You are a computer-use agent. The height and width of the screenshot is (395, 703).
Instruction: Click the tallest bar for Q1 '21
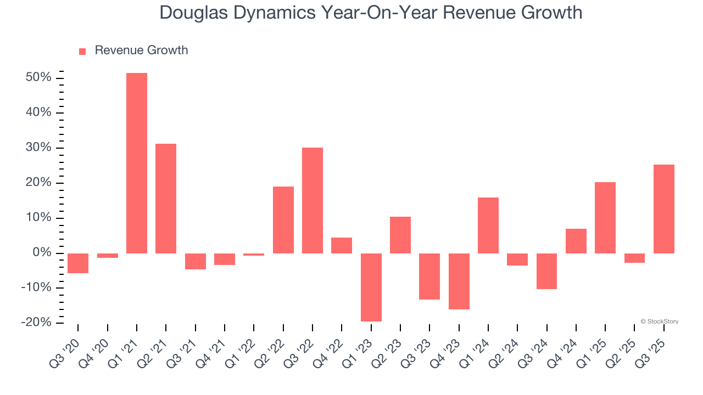[137, 163]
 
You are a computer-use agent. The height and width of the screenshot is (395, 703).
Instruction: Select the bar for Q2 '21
[166, 198]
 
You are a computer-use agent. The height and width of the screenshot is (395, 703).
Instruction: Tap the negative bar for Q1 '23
[371, 287]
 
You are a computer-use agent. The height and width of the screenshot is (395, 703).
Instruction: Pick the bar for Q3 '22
[313, 200]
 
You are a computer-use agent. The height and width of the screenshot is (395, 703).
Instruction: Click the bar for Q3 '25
[663, 208]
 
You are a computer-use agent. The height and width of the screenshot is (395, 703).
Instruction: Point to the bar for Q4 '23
[459, 281]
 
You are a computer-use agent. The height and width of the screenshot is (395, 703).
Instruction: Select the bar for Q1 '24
[488, 225]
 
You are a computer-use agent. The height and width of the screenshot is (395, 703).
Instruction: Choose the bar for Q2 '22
[283, 219]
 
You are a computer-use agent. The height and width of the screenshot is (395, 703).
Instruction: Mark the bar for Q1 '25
[605, 217]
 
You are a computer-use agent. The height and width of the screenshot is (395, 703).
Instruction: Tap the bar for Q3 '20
[78, 263]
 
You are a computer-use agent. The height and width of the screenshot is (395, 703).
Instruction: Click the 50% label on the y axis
[38, 77]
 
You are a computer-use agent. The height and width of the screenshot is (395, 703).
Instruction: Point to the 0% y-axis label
[42, 253]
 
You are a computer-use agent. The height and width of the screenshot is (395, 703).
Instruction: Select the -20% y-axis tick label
[36, 323]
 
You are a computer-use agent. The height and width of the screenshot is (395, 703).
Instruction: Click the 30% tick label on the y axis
[38, 148]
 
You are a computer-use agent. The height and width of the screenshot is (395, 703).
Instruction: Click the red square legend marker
[82, 51]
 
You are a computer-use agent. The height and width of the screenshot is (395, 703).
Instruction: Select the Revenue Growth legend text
[141, 50]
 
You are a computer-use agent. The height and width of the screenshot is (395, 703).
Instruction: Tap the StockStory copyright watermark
[659, 321]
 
